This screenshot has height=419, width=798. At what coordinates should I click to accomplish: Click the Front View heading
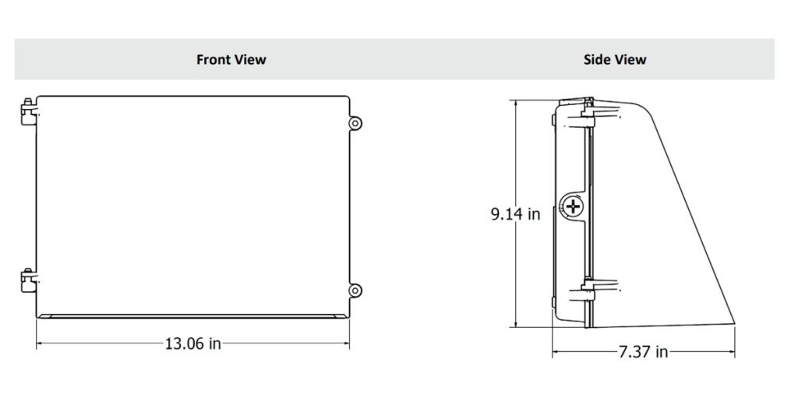(231, 59)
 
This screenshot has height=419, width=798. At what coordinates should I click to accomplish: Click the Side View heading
(615, 59)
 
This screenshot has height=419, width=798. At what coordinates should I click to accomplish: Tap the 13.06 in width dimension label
(192, 343)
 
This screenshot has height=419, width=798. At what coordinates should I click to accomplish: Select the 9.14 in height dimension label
(515, 213)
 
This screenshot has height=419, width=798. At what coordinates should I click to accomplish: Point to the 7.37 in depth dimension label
(643, 352)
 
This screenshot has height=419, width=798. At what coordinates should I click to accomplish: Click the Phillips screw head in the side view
(574, 207)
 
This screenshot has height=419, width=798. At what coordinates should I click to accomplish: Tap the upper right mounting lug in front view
(355, 123)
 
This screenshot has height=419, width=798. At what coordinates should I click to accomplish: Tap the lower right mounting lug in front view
(355, 290)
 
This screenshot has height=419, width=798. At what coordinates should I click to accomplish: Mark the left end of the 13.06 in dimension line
(37, 343)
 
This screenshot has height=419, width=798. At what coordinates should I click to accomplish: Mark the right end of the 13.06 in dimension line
(349, 343)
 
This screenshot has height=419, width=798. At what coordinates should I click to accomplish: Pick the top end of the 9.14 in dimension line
(515, 100)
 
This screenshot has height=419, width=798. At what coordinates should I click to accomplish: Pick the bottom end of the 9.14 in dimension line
(515, 327)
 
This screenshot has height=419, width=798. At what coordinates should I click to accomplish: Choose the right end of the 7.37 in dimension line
(734, 352)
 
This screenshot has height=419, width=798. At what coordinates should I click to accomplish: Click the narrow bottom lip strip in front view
(192, 316)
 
